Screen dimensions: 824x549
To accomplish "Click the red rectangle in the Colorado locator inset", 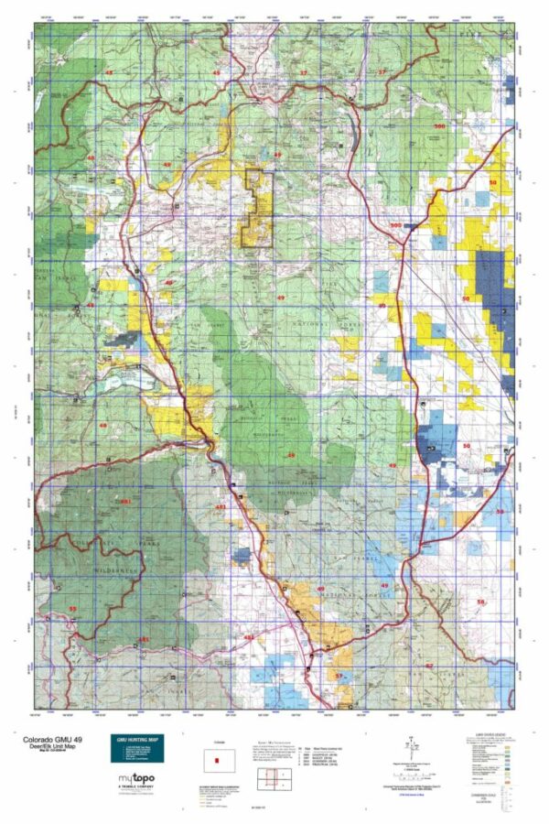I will [x=218, y=760].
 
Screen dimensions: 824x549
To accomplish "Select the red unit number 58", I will [x=481, y=602].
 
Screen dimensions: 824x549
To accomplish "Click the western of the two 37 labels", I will [x=304, y=72].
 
